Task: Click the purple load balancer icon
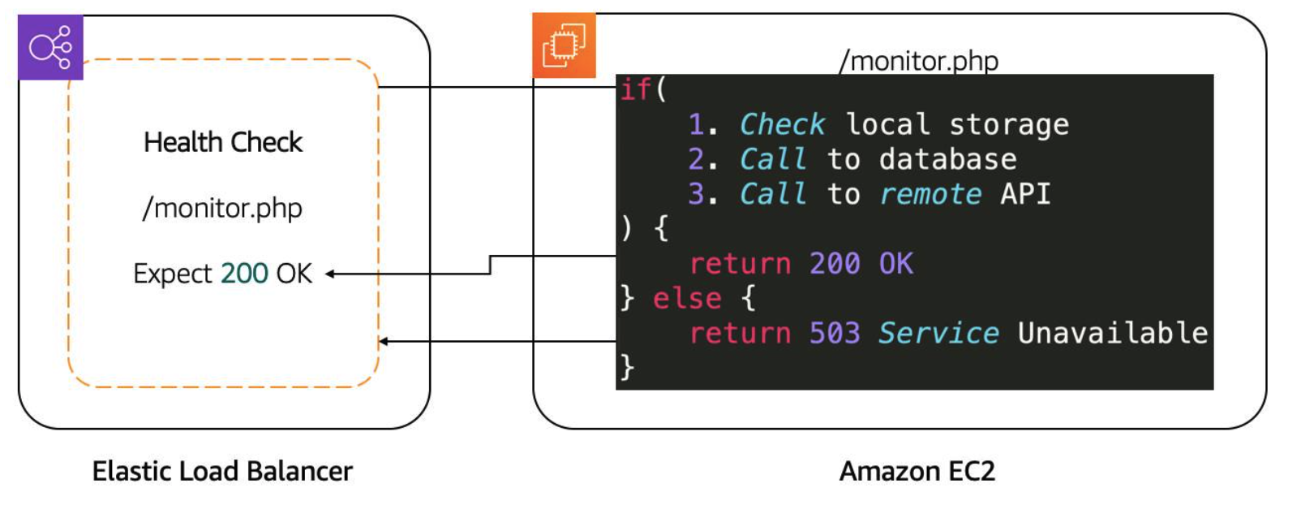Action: click(x=50, y=47)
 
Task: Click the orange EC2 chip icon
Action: click(x=564, y=45)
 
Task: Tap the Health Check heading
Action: click(x=223, y=142)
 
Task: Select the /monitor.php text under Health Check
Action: click(x=222, y=209)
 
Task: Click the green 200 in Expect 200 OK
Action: click(x=244, y=274)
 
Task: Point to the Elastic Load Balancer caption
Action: click(x=222, y=471)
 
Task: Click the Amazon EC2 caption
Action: click(x=917, y=471)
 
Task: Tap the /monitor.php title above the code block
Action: click(x=919, y=61)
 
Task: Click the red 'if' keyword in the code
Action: click(x=635, y=89)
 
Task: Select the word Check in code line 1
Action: click(x=782, y=124)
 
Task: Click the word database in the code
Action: click(x=947, y=159)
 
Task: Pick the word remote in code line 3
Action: click(x=930, y=194)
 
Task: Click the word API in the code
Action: click(x=1025, y=194)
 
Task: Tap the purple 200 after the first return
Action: click(x=835, y=264)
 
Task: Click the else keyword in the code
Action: click(x=687, y=299)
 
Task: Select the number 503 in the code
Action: click(x=835, y=334)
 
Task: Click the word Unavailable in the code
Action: click(x=1113, y=334)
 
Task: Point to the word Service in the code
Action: click(x=938, y=334)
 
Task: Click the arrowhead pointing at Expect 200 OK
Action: click(x=331, y=274)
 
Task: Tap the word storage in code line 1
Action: click(x=1009, y=124)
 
